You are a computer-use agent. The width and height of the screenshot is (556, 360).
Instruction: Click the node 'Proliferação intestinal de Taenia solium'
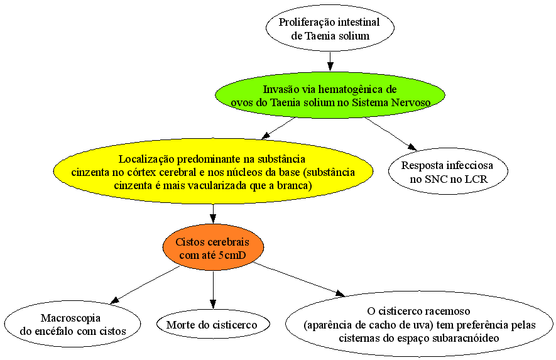click(330, 28)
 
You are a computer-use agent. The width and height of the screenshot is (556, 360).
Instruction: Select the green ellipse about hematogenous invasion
click(330, 95)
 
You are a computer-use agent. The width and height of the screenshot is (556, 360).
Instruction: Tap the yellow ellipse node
click(213, 172)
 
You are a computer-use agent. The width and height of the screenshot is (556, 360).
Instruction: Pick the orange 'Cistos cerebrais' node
click(213, 248)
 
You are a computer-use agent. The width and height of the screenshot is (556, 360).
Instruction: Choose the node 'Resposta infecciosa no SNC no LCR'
click(448, 172)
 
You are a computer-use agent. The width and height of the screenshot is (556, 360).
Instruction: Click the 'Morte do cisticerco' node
click(213, 324)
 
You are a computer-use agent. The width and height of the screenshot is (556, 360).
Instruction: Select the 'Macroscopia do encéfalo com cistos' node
click(72, 324)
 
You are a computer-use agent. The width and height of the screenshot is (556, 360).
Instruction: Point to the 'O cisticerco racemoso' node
click(419, 324)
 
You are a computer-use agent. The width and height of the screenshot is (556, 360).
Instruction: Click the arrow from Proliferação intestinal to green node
click(330, 62)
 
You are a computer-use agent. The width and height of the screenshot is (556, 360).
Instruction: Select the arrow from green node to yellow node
click(278, 128)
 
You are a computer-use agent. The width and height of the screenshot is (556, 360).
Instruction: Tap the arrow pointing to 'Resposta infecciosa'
click(391, 134)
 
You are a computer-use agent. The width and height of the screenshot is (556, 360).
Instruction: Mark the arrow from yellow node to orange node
click(213, 214)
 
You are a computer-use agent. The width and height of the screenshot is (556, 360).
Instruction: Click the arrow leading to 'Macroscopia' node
click(145, 285)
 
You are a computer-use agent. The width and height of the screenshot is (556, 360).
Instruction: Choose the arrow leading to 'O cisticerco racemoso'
click(299, 279)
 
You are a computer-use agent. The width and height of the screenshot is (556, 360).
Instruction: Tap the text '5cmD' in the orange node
click(232, 255)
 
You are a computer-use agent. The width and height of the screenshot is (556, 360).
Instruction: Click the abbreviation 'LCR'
click(476, 179)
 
